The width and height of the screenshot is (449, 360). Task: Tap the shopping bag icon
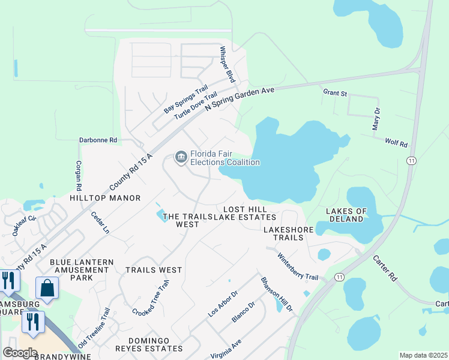click(x=47, y=288)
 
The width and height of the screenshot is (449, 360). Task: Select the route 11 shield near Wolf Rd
click(x=411, y=161)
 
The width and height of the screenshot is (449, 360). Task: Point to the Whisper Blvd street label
click(x=226, y=64)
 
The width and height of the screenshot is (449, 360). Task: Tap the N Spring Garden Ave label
click(x=240, y=97)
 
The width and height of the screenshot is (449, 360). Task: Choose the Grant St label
click(x=335, y=93)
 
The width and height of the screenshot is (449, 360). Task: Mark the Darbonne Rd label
click(x=98, y=140)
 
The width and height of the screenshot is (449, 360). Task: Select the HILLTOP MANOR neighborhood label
click(x=105, y=198)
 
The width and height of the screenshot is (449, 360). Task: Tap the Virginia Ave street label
click(x=226, y=349)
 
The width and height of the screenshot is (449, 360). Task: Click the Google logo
click(x=20, y=352)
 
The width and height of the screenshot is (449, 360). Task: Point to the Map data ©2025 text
click(x=423, y=355)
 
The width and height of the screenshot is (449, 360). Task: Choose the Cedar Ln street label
click(x=100, y=221)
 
